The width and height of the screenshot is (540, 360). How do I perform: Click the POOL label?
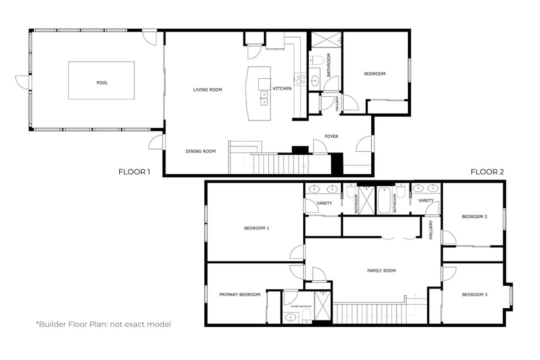[102, 83]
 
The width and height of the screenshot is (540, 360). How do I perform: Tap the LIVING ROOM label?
[208, 89]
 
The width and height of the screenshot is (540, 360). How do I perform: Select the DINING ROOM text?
[201, 151]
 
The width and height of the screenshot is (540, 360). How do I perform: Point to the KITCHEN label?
[282, 89]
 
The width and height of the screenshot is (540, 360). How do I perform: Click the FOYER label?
[331, 136]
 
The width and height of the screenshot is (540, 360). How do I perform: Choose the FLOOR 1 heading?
[134, 172]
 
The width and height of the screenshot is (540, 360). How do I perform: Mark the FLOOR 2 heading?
[487, 172]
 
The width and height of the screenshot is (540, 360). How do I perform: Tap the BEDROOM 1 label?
[256, 228]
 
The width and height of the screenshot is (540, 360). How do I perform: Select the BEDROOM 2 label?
[474, 217]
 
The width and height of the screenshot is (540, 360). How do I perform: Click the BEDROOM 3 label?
[474, 295]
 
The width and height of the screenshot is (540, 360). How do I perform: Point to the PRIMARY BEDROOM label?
[240, 295]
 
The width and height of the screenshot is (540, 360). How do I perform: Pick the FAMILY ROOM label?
[381, 271]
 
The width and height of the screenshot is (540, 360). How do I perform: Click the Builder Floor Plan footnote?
[103, 324]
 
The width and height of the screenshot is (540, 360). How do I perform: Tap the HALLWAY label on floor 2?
[431, 229]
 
